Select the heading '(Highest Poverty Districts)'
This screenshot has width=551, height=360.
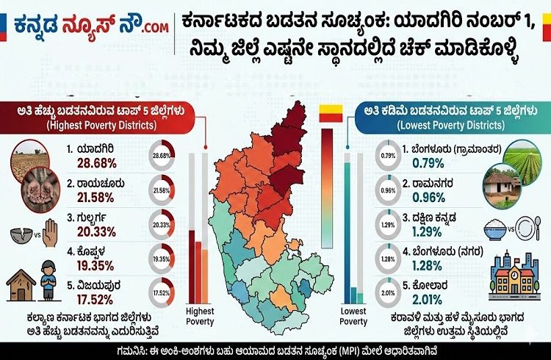tap(93, 125)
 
